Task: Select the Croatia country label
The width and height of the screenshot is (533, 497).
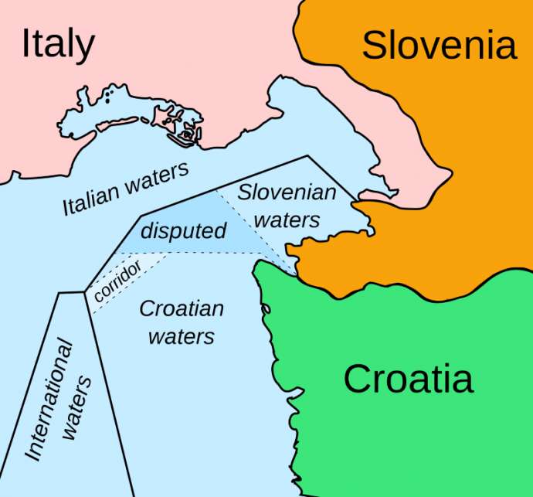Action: [x=408, y=380]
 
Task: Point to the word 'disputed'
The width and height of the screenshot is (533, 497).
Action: [x=184, y=230]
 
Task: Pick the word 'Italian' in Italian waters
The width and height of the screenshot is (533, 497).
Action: [x=91, y=199]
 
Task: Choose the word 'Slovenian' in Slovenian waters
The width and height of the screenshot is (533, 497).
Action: [x=287, y=191]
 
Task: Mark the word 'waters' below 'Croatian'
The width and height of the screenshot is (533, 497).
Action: [x=182, y=337]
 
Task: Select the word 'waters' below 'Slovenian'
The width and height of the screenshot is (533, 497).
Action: [x=287, y=220]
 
